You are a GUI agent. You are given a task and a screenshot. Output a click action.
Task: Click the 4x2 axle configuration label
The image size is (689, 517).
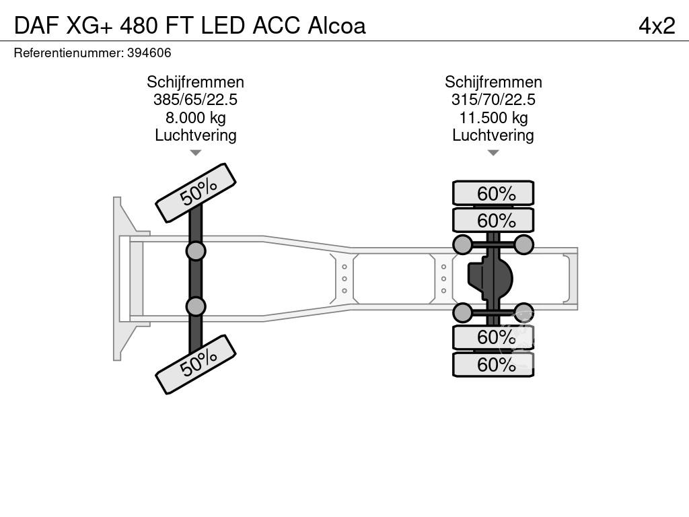click(656, 25)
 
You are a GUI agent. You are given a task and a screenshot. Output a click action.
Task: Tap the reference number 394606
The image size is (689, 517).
click(149, 53)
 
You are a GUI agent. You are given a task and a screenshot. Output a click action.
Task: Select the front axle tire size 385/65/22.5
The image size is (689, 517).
click(195, 100)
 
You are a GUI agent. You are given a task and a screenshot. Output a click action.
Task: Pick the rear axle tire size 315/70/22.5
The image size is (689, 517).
click(493, 100)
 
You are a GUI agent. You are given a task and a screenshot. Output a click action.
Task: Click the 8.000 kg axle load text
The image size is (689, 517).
click(195, 118)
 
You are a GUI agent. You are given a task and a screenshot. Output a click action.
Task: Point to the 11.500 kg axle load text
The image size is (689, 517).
click(493, 118)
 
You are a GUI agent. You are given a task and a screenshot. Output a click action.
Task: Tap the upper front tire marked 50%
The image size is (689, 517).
click(196, 193)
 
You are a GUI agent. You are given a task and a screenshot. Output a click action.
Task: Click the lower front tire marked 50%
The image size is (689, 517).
click(196, 364)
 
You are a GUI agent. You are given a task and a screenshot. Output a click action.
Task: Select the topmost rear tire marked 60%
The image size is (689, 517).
click(493, 193)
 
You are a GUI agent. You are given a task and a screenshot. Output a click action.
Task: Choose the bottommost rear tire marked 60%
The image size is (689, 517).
click(493, 365)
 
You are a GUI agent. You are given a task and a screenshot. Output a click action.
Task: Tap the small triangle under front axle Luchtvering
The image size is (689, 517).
click(195, 153)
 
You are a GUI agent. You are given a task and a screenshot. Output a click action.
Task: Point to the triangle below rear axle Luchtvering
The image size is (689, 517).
click(493, 153)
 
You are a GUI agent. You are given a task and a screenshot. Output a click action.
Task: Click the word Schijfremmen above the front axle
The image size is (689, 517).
click(195, 82)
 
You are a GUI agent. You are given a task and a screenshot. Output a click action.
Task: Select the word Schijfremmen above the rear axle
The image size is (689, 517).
click(493, 82)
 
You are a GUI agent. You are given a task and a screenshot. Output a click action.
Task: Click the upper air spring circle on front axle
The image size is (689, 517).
click(196, 251)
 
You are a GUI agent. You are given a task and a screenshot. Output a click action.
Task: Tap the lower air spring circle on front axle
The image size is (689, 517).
click(196, 306)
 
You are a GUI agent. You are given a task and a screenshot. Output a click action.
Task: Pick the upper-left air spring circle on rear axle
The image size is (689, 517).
click(463, 244)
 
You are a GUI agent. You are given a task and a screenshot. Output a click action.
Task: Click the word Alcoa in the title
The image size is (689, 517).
click(336, 25)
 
